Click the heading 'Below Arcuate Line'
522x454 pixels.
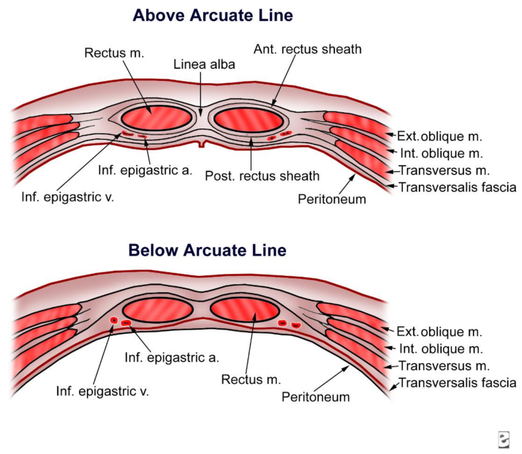[207, 250]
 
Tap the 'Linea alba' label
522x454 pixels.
[201, 64]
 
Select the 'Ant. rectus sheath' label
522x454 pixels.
[307, 49]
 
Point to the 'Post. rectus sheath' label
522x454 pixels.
[262, 176]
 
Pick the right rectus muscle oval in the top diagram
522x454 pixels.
[248, 120]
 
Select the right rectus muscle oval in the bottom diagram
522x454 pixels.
[244, 310]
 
